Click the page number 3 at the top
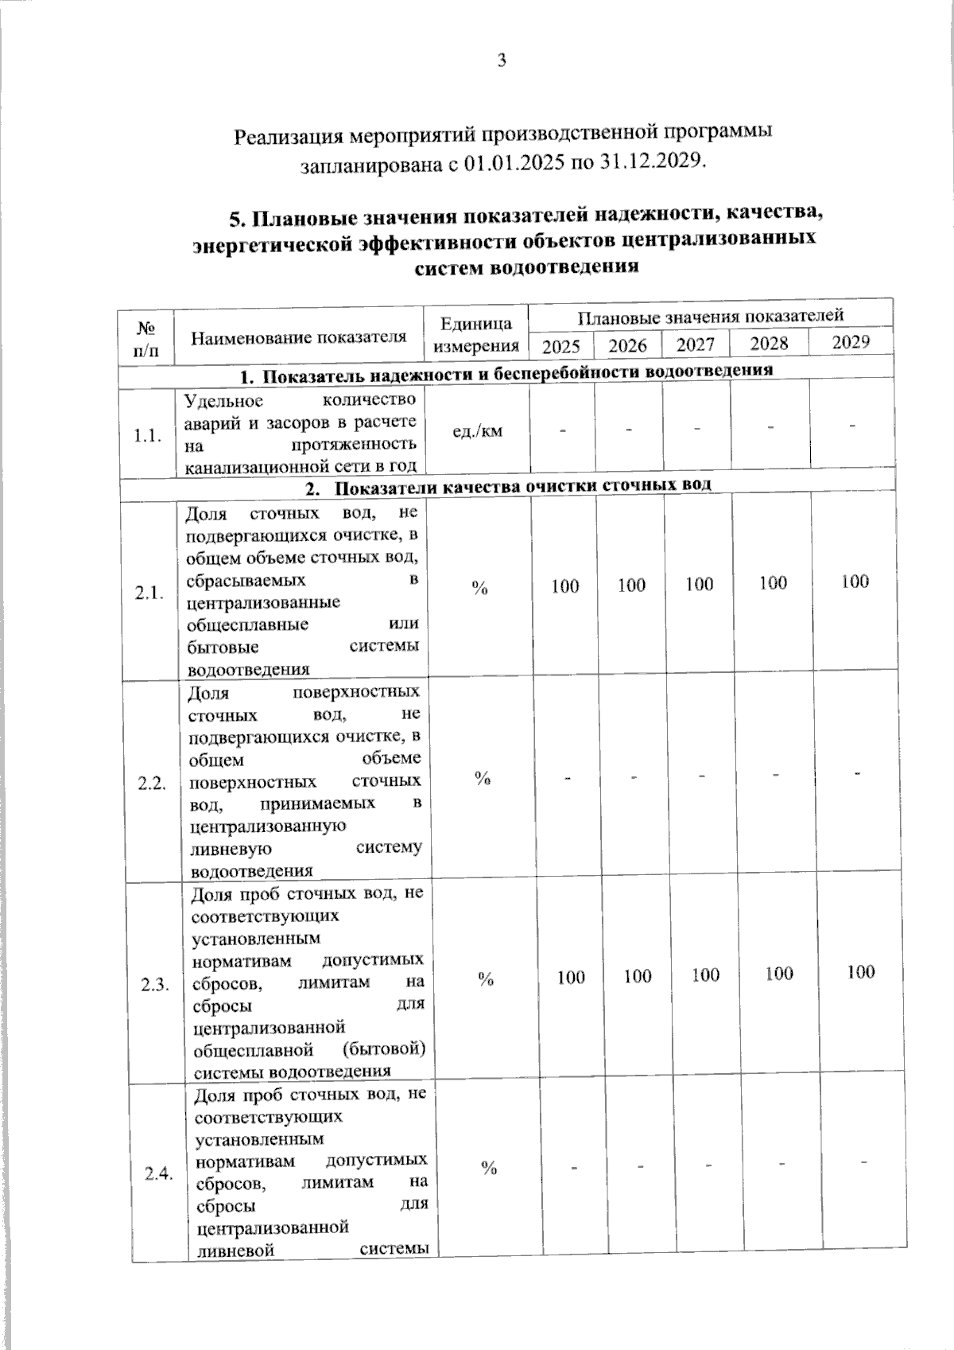pos(502,61)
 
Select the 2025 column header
pos(560,346)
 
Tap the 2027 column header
pos(695,344)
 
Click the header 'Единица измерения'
pos(475,335)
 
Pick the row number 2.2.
pos(151,784)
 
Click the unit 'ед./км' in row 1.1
pos(477,432)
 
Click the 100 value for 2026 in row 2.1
pos(631,586)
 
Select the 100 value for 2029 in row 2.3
pos(860,971)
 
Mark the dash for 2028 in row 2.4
pos(782,1165)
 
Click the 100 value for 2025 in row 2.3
pos(571,977)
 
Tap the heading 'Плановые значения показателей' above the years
pos(709,317)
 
